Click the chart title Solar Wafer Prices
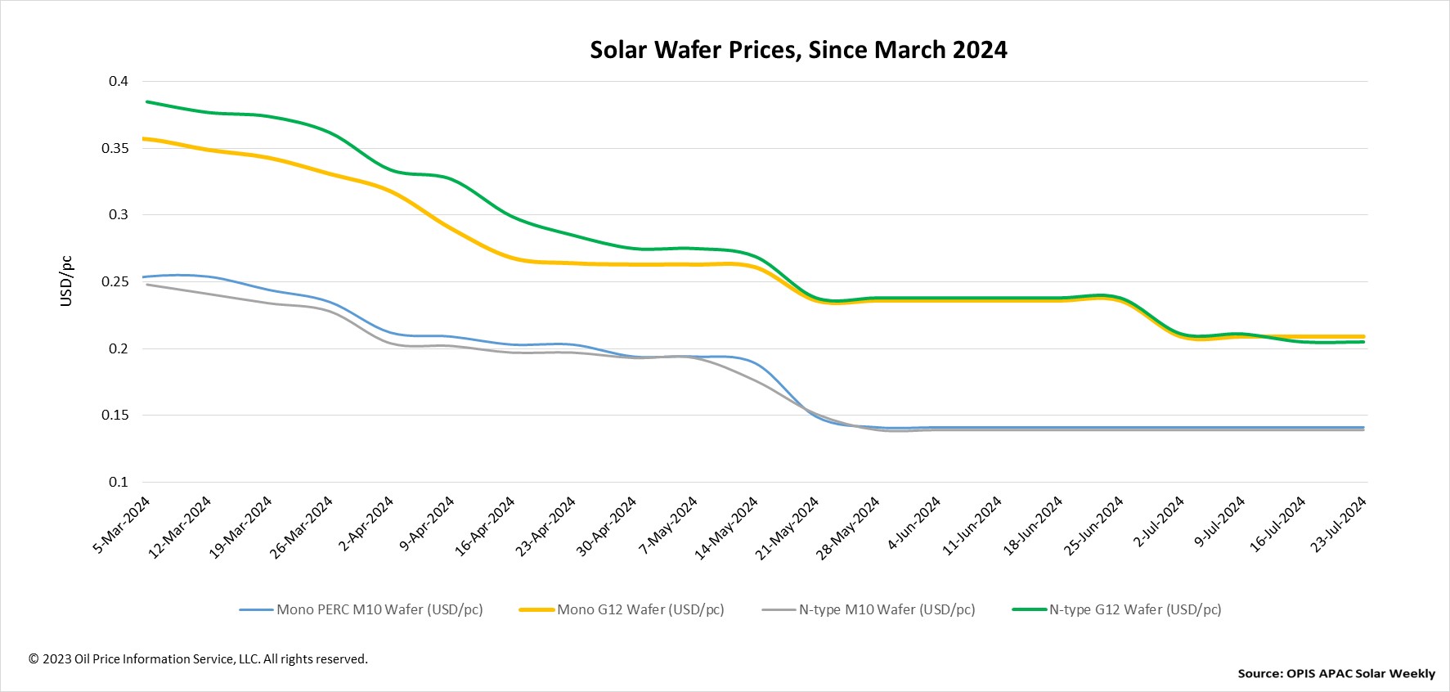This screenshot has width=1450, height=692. (798, 50)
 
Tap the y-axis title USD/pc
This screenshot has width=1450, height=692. (66, 281)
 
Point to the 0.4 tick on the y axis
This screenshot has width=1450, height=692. (119, 81)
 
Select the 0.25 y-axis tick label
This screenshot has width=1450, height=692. (115, 281)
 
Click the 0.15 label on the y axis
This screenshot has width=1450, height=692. (115, 415)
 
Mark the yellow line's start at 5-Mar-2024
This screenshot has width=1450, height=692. (145, 139)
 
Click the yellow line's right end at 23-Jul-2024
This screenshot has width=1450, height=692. (1363, 336)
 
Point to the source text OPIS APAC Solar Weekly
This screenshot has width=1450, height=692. (1336, 673)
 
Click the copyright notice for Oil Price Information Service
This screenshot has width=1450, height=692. (198, 658)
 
